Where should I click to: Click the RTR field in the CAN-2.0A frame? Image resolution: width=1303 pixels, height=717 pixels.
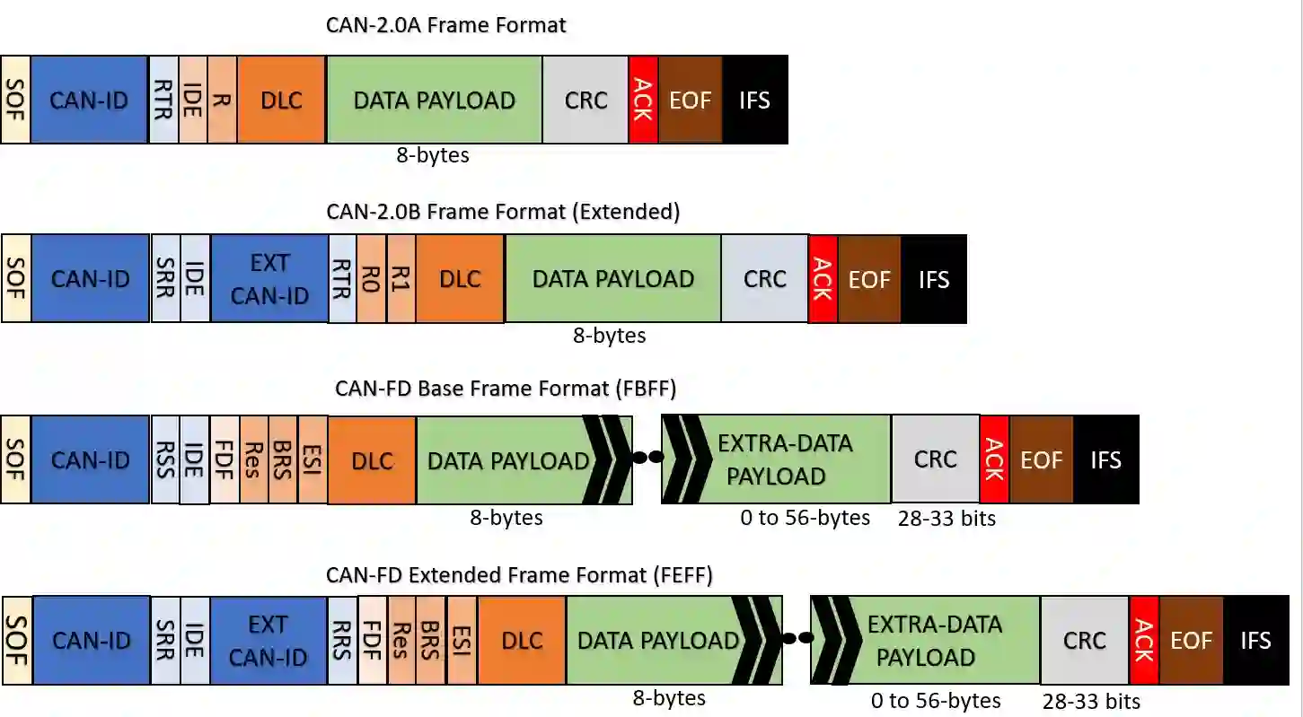pos(163,100)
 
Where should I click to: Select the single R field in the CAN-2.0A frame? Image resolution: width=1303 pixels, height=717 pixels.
pos(222,100)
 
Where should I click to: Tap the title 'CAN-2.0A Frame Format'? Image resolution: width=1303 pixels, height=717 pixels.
pos(445,25)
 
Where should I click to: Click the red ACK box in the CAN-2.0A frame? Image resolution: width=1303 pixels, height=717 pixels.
pos(643,100)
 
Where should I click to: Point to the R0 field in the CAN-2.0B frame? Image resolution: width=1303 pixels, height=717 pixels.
pos(371,279)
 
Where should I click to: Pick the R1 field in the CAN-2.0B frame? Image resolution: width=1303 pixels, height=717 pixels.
pos(401,279)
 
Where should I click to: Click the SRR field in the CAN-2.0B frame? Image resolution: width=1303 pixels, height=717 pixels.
pos(165,279)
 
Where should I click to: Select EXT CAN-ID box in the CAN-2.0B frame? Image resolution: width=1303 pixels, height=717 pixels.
pos(269,279)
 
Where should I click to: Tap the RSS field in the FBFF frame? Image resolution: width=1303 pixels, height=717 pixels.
pos(165,459)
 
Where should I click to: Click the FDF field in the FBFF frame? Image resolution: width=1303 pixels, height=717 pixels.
pos(225,459)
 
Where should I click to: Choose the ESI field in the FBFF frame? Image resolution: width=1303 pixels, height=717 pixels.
pos(313,459)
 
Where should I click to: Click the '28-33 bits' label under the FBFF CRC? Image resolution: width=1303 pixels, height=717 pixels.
pos(946,519)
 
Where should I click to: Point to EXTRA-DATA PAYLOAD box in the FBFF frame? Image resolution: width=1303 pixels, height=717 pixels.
pos(777,459)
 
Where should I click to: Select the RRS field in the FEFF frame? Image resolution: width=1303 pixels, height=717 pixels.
pos(341,640)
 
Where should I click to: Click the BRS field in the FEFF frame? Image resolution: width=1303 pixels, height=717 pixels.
pos(430,640)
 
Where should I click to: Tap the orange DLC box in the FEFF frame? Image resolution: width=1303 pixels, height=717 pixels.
pos(522,640)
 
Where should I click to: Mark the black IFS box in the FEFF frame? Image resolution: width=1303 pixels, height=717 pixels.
pos(1255,640)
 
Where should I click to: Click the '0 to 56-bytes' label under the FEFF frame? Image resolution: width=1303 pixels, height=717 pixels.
pos(936,701)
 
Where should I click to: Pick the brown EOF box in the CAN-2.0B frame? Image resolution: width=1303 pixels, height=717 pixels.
pos(868,279)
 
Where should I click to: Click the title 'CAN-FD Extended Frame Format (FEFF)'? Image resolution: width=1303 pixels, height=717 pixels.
pos(519,575)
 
